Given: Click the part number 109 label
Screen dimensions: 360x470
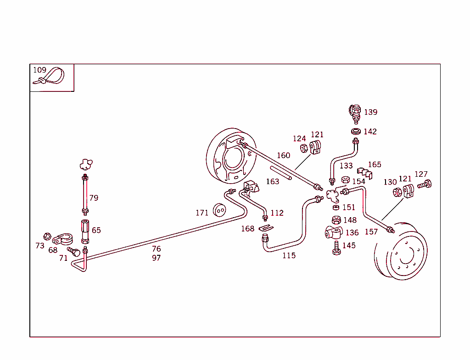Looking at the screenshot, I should (39, 70).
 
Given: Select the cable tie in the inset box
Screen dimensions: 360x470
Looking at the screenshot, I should (50, 77).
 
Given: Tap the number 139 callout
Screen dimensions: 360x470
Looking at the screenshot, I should (370, 112).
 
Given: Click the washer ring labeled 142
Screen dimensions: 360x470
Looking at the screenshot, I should (355, 132).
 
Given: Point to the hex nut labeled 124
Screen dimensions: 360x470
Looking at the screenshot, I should (304, 148).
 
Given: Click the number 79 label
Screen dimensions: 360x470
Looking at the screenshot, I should (94, 198).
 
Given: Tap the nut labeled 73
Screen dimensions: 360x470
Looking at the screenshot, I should (47, 236).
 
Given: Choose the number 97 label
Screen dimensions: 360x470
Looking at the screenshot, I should (157, 258).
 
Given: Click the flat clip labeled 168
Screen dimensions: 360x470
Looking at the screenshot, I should (265, 227).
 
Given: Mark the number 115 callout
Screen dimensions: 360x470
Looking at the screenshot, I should (289, 255).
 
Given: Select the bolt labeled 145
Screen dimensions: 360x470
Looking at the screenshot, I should (336, 247).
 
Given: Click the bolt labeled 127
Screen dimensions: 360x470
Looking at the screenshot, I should (425, 185).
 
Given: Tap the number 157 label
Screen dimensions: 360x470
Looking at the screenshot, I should (371, 231).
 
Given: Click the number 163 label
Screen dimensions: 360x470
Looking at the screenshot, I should (272, 181).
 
